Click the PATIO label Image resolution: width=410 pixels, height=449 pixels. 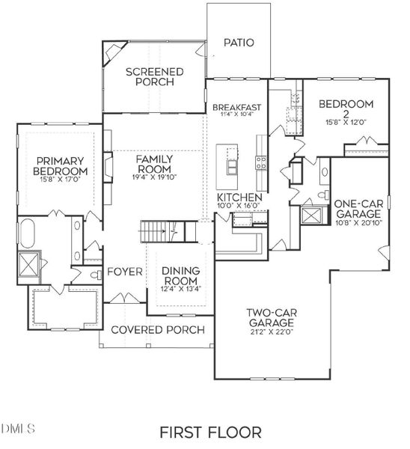tap(239, 43)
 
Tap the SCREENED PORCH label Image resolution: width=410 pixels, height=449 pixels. tap(155, 76)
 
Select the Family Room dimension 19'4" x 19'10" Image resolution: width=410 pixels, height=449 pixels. tap(154, 177)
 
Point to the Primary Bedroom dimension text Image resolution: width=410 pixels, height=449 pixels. tap(60, 180)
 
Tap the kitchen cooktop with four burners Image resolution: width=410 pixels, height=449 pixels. tap(261, 162)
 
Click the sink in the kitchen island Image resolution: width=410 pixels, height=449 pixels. tap(232, 167)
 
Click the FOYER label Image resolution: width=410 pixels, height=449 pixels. tap(125, 272)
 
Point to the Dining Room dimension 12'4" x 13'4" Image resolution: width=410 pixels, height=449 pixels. tap(181, 289)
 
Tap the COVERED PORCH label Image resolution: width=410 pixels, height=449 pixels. tap(158, 330)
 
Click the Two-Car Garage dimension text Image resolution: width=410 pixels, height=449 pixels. tap(272, 332)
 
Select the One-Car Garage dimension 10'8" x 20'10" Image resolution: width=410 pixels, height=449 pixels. tap(359, 223)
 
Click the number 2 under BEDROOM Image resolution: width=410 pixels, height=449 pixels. tap(346, 114)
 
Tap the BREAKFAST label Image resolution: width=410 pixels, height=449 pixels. tap(236, 107)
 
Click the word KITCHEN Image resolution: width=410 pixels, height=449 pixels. tap(239, 198)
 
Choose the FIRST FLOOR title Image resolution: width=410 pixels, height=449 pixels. tap(210, 433)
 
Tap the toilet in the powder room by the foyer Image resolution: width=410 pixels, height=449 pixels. tap(97, 275)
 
